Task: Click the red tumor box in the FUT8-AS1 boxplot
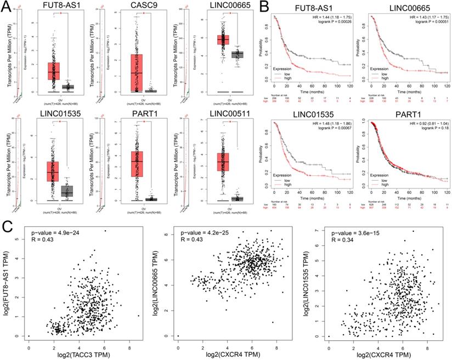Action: [x=53, y=71]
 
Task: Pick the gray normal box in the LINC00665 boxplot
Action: [x=237, y=54]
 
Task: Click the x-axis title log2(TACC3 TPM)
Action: [x=81, y=356]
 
